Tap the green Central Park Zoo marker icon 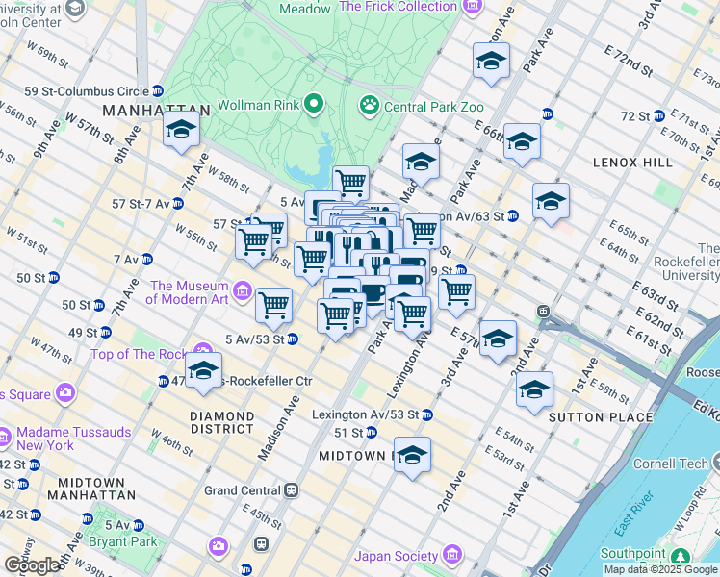click(x=369, y=104)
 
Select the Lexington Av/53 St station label click(x=365, y=414)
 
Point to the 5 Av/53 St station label click(x=253, y=339)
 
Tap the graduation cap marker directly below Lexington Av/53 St click(x=412, y=456)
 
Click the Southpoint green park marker click(x=681, y=557)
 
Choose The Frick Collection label click(x=399, y=7)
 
